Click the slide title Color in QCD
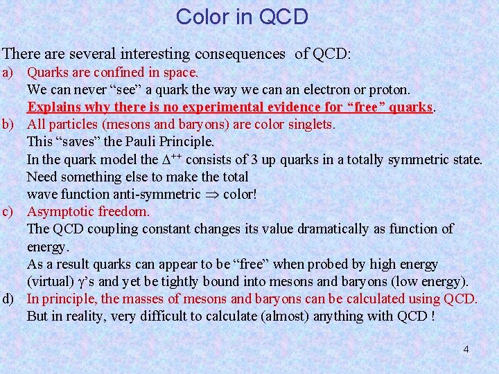coord(242,17)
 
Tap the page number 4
coord(466,349)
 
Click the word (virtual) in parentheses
coord(49,281)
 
